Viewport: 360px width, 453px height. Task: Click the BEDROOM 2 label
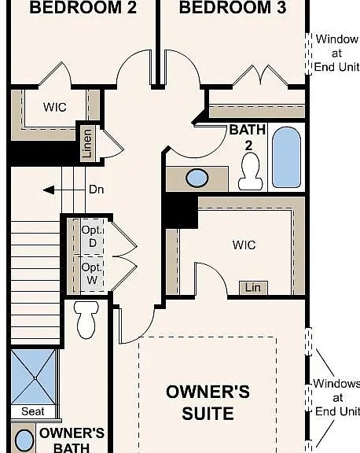(83, 9)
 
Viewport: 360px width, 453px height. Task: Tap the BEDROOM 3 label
(231, 9)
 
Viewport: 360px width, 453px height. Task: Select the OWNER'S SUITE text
(208, 402)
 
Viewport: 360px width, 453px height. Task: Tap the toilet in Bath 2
(250, 171)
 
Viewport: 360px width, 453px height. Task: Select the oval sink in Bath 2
(197, 178)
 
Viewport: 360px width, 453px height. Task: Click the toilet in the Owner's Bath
(85, 319)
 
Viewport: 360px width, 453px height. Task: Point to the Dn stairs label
(97, 190)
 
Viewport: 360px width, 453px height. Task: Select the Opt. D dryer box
(91, 236)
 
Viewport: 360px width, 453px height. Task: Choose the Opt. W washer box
(91, 274)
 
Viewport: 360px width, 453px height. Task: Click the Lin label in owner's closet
(252, 288)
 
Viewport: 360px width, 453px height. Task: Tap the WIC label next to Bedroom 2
(54, 107)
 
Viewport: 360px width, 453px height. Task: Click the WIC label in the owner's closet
(244, 245)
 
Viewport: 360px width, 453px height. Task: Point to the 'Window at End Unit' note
(336, 53)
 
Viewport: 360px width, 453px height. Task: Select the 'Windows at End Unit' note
(336, 397)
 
